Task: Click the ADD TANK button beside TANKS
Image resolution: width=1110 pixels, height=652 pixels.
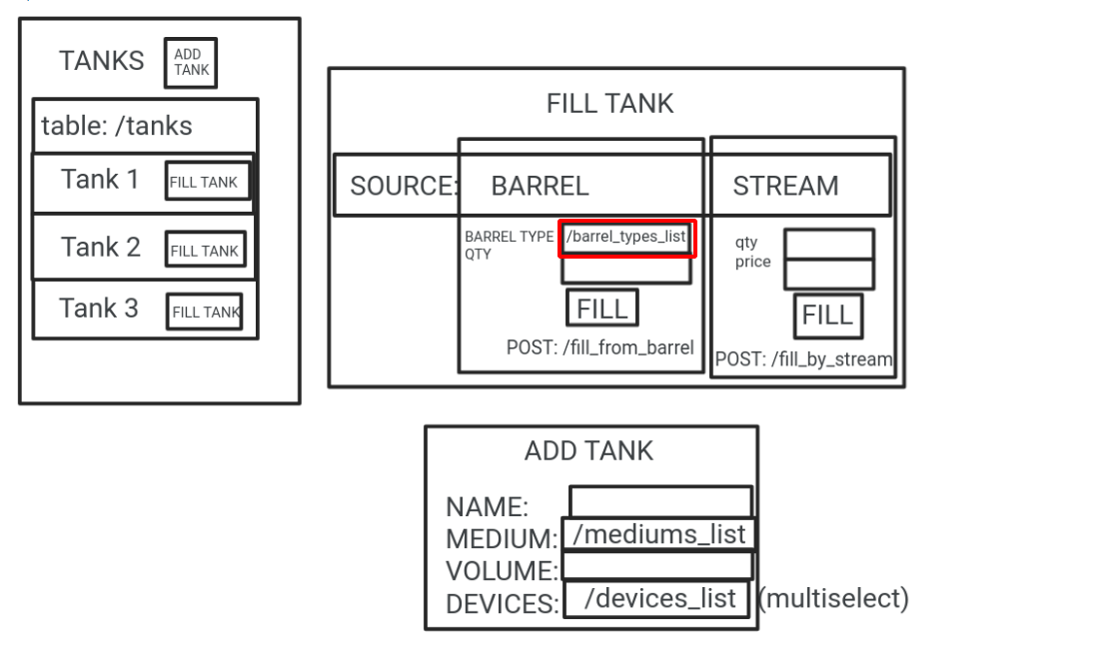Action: coord(191,64)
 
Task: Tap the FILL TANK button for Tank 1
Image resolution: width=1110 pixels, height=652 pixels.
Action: coord(208,182)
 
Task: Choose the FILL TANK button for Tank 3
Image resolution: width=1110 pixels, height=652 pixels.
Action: coord(206,312)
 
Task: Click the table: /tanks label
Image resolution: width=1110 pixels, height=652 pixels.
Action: coord(117,127)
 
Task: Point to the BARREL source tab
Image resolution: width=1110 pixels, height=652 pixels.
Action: coord(540,186)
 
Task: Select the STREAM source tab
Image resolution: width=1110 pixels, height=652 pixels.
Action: coord(785,186)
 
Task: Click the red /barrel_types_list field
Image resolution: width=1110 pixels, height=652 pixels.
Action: coord(625,238)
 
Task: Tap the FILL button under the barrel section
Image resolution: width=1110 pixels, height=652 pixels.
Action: coord(601,308)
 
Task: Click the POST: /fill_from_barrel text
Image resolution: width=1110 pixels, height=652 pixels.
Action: coord(600,347)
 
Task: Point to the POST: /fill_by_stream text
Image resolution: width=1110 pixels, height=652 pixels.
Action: coord(803,359)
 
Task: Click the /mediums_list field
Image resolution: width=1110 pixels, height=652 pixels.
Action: coord(658,534)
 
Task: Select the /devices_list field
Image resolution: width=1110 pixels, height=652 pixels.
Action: coord(658,599)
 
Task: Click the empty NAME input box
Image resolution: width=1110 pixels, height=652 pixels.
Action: coord(660,501)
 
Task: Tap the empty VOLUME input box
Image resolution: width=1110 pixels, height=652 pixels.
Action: coord(656,566)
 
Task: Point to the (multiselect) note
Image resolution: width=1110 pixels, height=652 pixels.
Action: coord(833,599)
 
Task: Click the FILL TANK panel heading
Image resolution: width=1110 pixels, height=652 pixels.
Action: coord(609,103)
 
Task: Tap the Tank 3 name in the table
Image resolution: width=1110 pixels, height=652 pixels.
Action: coord(98,309)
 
